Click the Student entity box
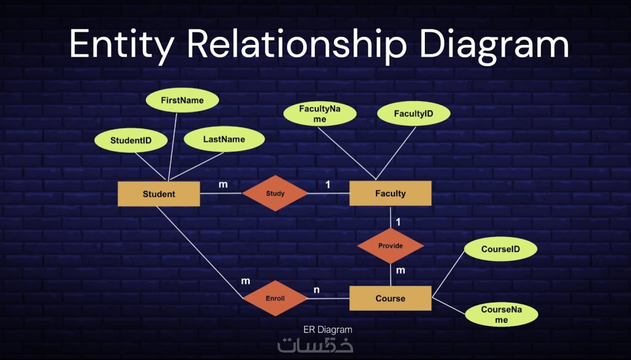158,194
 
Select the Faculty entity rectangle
390,193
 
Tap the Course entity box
390,298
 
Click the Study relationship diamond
275,193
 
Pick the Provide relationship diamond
390,246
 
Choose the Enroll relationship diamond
275,298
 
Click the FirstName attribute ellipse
182,100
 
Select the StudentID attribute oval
131,140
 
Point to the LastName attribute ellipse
224,139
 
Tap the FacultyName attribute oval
320,114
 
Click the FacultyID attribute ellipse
413,114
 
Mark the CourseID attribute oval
500,249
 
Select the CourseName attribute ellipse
501,314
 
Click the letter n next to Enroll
317,290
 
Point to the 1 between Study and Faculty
328,184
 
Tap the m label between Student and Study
223,184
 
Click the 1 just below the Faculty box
398,222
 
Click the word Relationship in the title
297,44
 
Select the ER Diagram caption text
328,330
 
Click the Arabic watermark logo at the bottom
315,345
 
